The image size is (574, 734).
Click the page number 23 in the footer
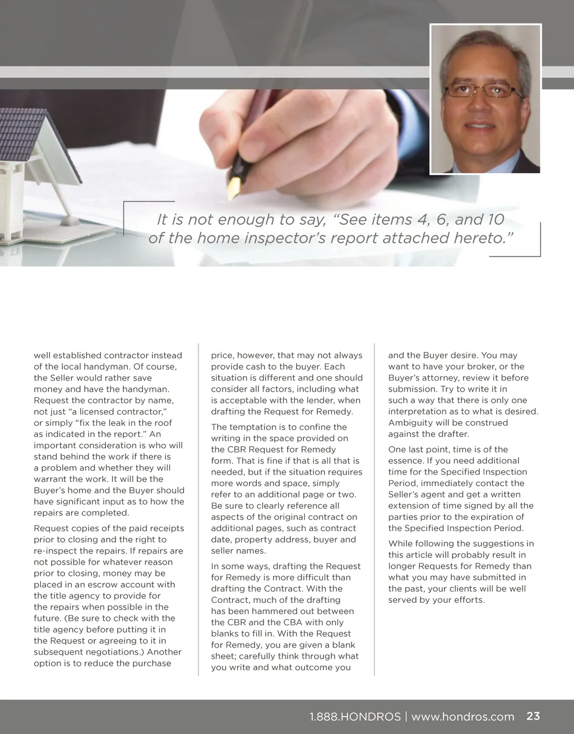[x=533, y=716]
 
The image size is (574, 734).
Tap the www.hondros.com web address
[x=462, y=717]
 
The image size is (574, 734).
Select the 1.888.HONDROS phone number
[x=355, y=717]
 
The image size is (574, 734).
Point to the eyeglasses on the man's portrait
[x=483, y=90]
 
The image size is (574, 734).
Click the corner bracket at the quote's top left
[x=124, y=203]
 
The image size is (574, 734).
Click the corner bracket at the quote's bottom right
[x=539, y=254]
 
